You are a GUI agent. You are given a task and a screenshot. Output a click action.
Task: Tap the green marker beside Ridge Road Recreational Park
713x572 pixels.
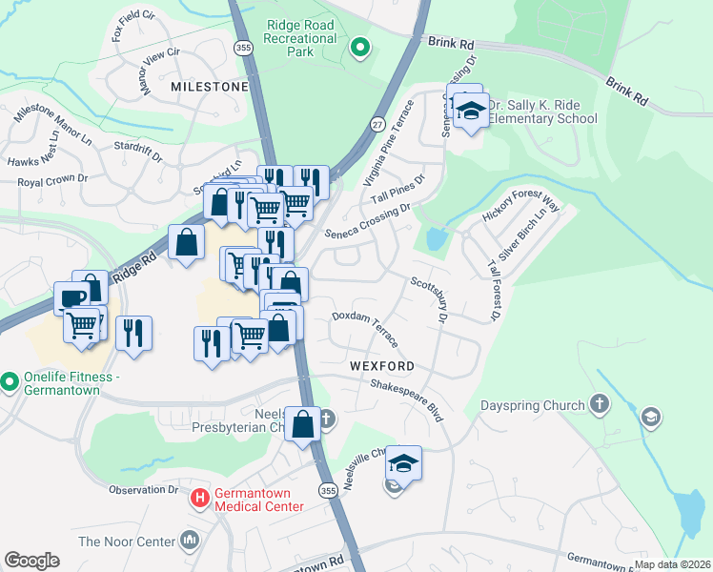359,46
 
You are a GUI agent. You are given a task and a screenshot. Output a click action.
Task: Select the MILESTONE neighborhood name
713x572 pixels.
209,87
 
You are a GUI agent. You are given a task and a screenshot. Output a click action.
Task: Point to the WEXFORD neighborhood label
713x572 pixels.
380,366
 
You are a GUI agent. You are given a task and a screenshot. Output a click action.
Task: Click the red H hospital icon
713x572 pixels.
200,497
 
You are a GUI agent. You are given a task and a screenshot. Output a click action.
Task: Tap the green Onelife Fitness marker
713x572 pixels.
10,382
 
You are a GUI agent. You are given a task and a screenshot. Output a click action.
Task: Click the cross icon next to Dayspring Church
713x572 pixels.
599,406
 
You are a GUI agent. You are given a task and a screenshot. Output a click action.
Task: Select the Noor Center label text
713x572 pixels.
127,541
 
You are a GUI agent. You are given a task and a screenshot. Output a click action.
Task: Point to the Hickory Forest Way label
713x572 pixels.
520,208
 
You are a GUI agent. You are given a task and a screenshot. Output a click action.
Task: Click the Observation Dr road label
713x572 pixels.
143,490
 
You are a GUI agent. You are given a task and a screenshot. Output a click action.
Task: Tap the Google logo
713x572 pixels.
31,561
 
